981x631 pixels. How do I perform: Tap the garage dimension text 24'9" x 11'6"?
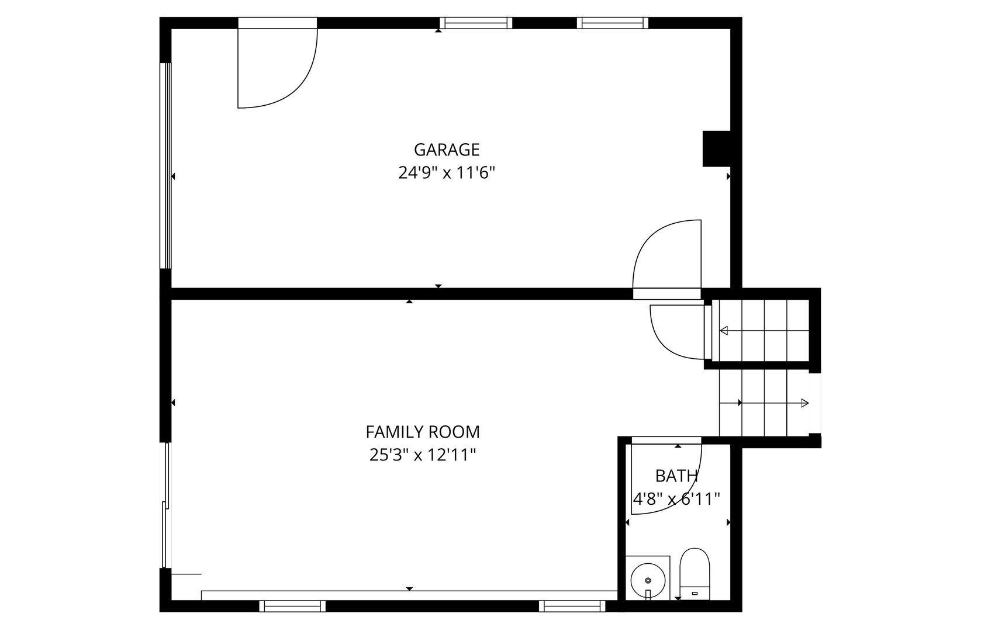coord(447,174)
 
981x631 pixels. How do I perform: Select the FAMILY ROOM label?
coord(423,432)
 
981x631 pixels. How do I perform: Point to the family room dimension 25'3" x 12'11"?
coord(423,455)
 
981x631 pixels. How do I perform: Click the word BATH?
coord(676,476)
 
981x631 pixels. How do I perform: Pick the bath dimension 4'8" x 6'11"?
coord(676,499)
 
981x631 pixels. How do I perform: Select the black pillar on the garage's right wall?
coord(717,148)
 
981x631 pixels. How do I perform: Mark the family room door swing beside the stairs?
coord(678,330)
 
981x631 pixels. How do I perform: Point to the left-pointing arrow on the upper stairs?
coord(724,331)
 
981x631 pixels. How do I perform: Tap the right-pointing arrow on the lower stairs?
coord(804,403)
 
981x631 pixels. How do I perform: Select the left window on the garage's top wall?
coord(476,23)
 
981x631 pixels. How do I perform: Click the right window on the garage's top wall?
coord(613,23)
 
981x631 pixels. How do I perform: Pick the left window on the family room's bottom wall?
coord(292,606)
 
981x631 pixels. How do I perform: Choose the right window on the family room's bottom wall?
coord(572,606)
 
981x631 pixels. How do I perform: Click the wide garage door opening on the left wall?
coord(166,165)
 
